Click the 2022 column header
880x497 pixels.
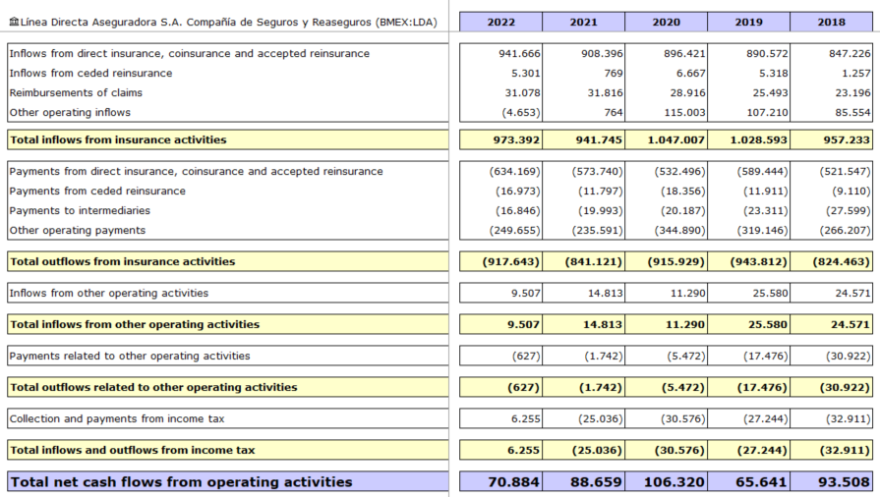point(500,22)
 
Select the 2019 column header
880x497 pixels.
point(748,22)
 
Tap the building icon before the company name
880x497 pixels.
point(14,22)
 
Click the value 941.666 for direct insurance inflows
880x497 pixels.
point(519,53)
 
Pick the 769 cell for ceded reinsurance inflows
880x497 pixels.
point(614,73)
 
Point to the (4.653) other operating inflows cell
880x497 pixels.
point(521,112)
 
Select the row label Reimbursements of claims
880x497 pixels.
point(76,92)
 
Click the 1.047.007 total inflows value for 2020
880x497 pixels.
point(675,139)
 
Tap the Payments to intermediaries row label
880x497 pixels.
point(80,210)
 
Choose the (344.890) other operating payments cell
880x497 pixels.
point(679,230)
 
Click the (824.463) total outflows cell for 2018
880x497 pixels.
point(841,261)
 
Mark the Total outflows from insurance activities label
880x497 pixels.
point(122,261)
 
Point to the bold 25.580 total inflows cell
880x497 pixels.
point(767,324)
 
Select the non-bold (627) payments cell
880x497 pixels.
point(526,356)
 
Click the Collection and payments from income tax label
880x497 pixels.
point(117,418)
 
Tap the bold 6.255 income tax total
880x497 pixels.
point(523,450)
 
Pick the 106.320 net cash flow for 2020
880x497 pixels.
point(674,482)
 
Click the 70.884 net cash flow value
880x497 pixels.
point(513,482)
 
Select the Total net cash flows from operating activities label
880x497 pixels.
point(181,482)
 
